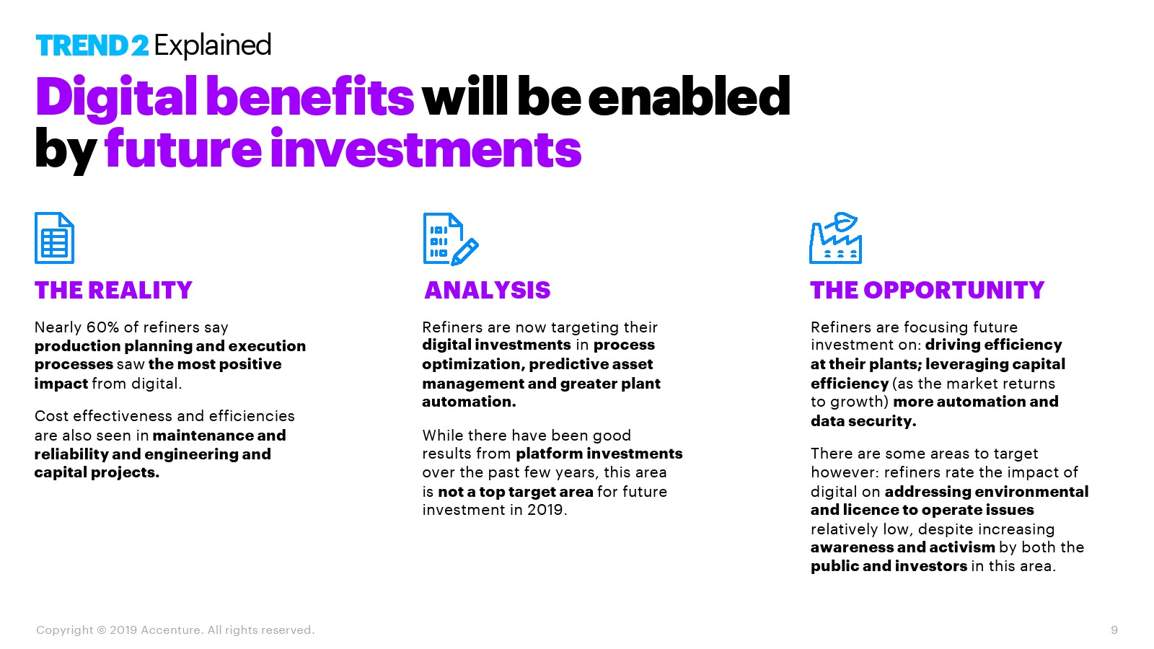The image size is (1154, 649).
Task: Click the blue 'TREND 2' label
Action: [92, 45]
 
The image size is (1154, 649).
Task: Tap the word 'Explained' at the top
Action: [212, 46]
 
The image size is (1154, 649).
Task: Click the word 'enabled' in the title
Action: [689, 97]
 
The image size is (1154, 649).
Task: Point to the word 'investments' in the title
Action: [426, 149]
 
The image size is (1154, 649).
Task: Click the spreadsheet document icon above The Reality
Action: [55, 238]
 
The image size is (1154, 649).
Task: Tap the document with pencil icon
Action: [451, 239]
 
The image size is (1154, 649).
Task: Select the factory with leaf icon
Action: [836, 238]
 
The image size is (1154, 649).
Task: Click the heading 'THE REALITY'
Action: [113, 290]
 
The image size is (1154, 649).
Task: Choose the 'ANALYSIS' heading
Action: [488, 290]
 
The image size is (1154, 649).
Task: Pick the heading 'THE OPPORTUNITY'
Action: [928, 290]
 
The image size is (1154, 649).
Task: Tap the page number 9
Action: [1114, 630]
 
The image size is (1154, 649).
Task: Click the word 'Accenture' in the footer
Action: [170, 630]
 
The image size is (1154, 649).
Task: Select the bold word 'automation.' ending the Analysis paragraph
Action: [469, 402]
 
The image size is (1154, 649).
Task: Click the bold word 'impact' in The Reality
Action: [61, 384]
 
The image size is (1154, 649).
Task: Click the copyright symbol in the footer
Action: [102, 630]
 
